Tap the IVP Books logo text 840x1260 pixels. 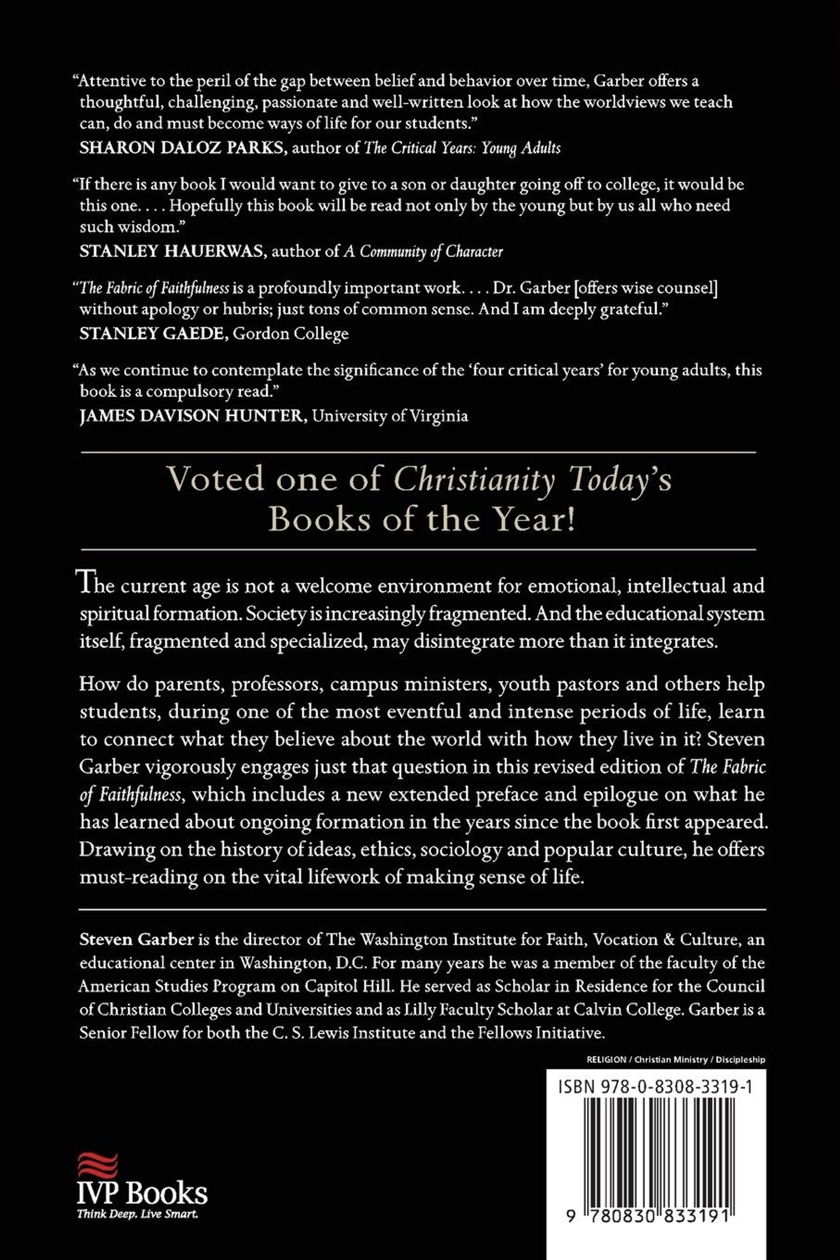point(142,1193)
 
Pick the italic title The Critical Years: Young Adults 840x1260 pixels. point(462,148)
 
